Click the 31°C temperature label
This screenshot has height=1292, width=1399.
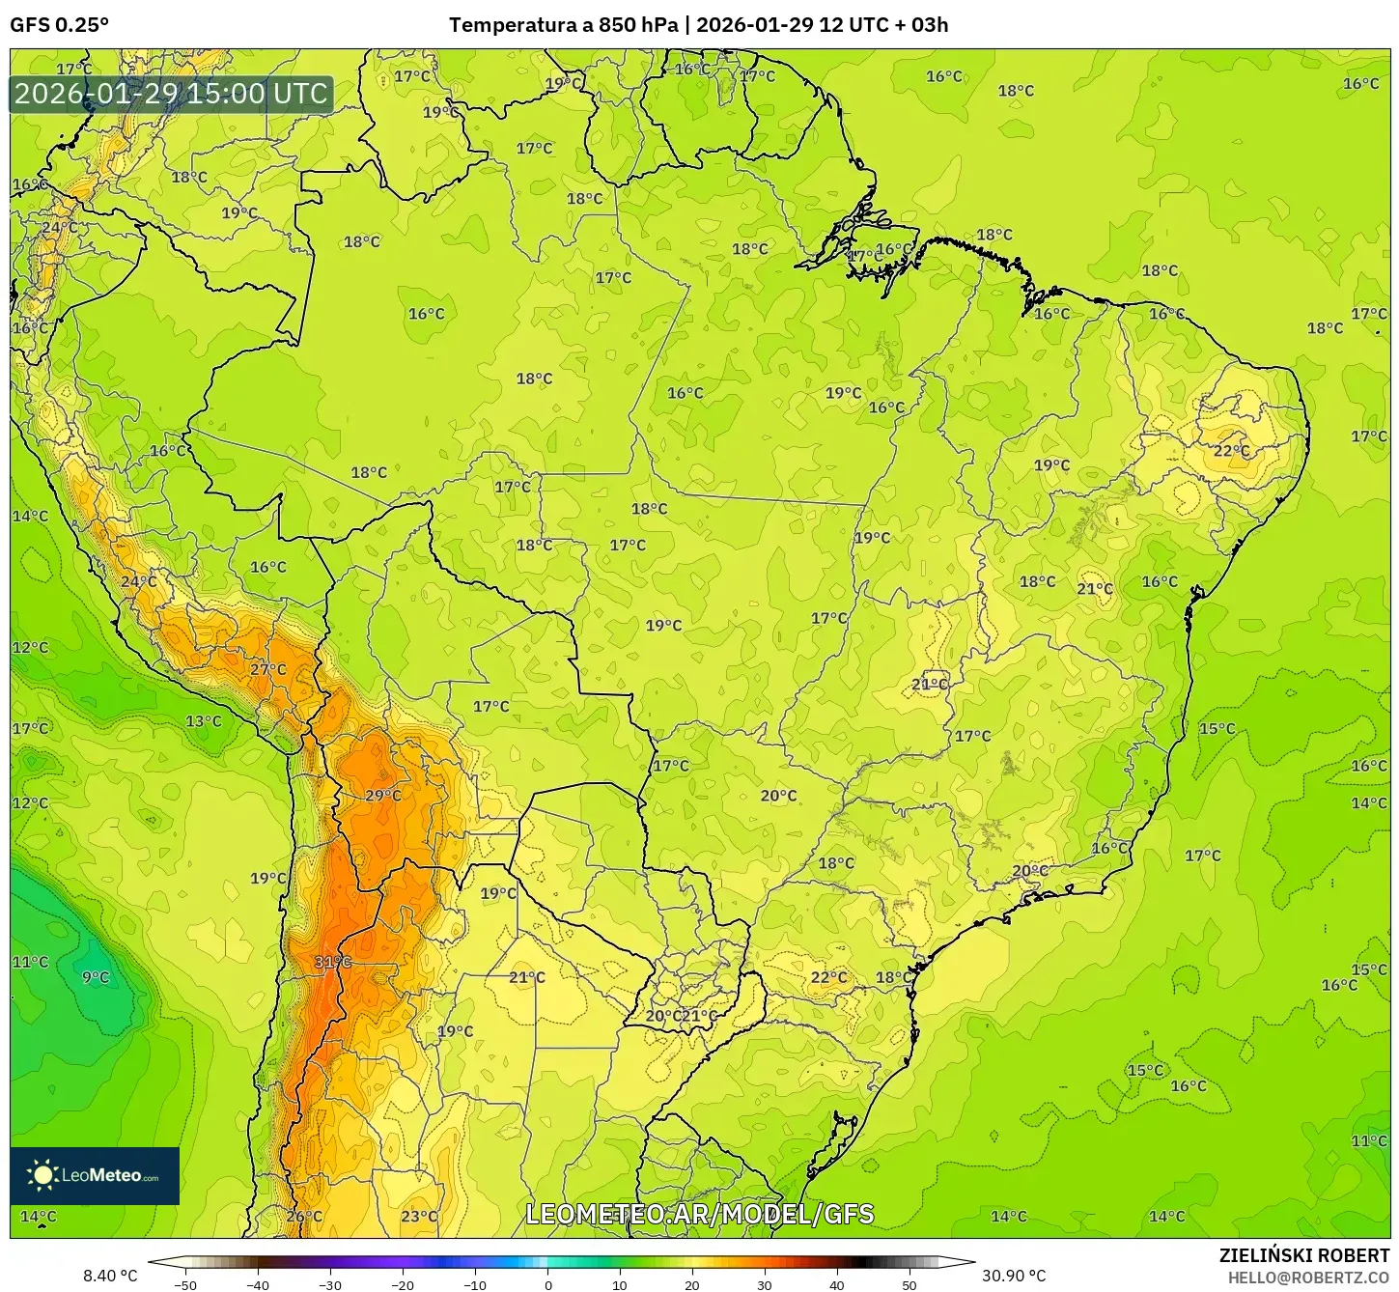333,962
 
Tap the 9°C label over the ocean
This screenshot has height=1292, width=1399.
96,977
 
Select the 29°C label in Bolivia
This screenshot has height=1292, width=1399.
383,796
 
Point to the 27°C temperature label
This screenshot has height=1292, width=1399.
268,669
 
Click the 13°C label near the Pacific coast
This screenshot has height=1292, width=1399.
204,721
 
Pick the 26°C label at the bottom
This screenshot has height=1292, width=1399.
304,1216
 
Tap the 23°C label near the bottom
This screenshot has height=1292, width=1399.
419,1216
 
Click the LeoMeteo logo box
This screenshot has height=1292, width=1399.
95,1175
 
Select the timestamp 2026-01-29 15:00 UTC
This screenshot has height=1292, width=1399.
172,94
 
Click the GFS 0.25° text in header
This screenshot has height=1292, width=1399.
60,25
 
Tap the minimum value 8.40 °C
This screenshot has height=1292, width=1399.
110,1276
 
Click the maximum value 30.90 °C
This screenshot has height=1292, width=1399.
1014,1276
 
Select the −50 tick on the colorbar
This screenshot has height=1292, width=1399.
185,1285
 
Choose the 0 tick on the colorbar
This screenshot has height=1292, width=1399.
547,1285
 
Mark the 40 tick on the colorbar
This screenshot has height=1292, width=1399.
837,1285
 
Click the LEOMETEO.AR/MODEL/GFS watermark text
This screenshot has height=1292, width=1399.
699,1214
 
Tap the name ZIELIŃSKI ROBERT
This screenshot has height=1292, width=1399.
1304,1255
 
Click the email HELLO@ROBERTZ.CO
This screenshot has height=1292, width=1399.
1308,1277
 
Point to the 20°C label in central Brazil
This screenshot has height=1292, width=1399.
778,796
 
